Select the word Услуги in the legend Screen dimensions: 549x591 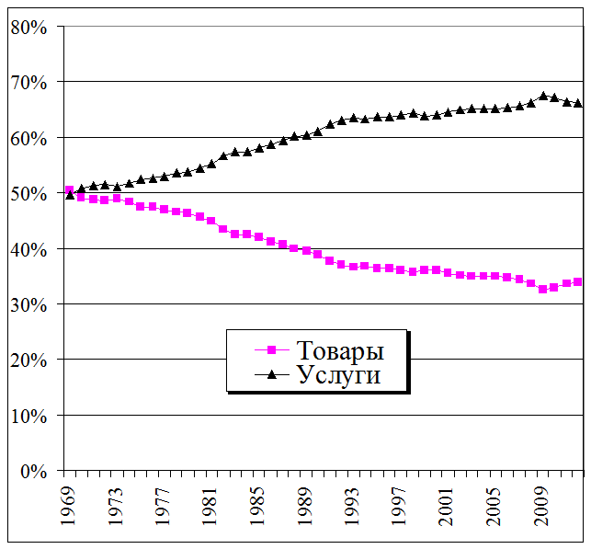338,374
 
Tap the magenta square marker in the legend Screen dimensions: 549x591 271,350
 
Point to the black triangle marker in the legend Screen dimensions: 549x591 271,374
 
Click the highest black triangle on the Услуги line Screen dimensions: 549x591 542,96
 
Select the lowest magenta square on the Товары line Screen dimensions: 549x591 542,290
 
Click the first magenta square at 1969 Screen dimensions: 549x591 70,190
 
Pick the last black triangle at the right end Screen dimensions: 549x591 577,103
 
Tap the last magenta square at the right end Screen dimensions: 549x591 577,282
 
